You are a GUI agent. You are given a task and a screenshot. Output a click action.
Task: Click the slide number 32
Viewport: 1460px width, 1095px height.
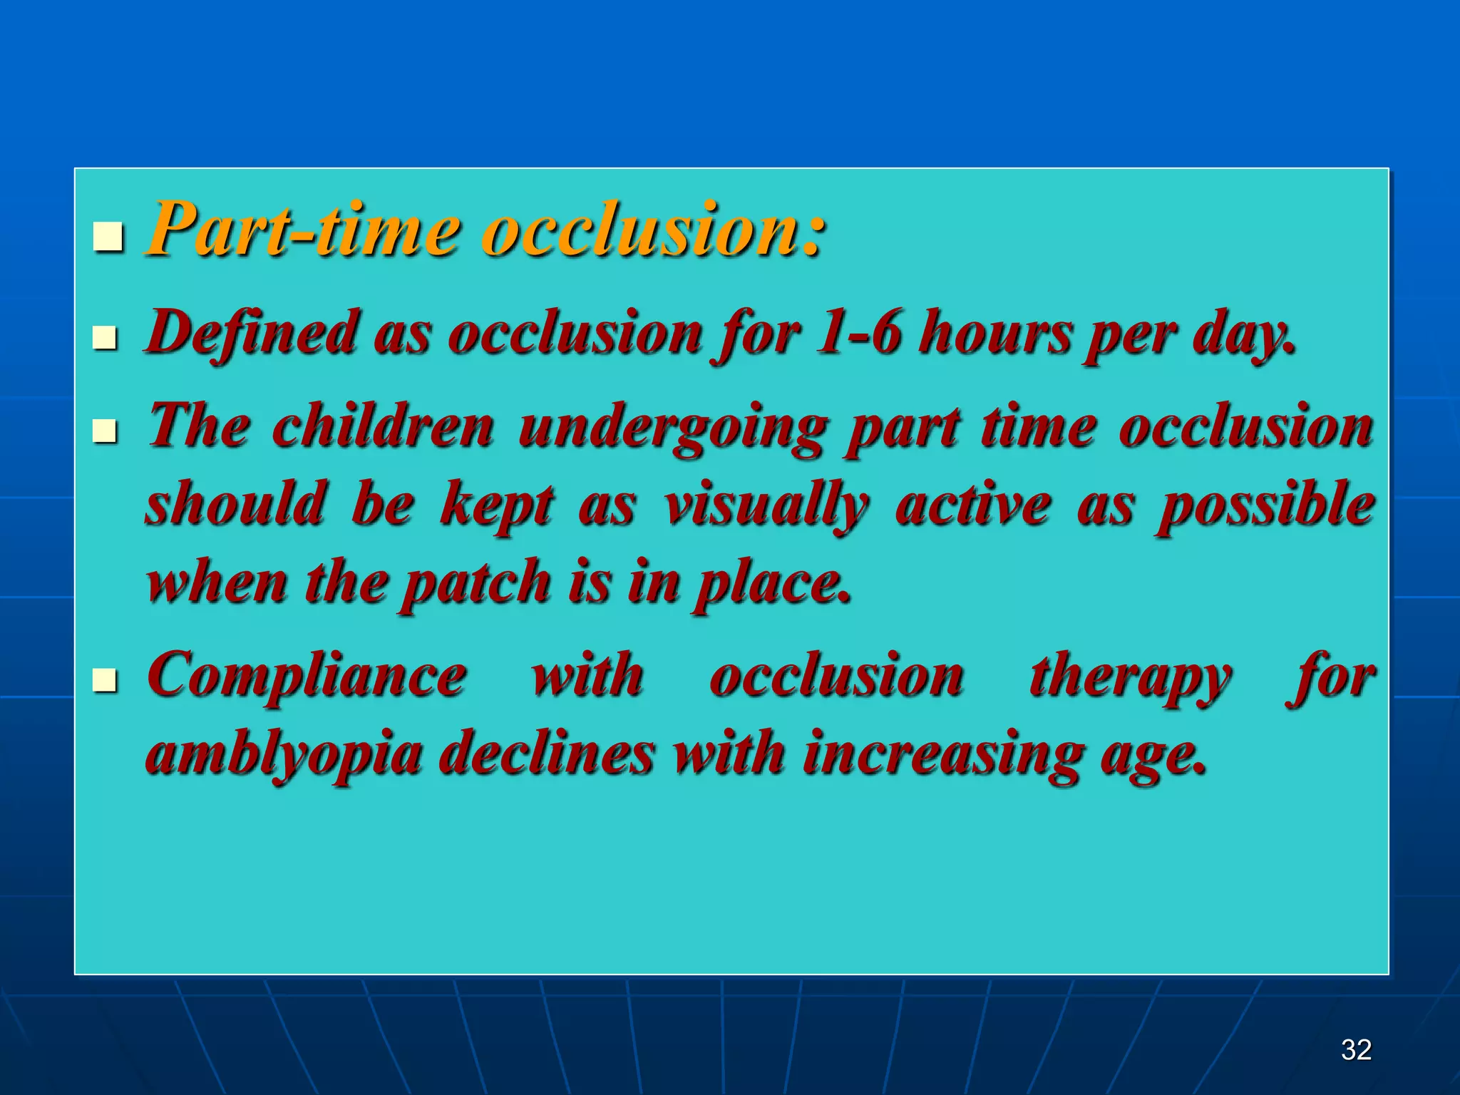coord(1356,1049)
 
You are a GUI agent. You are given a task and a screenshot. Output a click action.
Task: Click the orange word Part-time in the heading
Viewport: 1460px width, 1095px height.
coord(303,230)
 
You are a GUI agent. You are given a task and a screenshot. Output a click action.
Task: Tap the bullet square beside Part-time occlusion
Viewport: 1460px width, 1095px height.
coord(108,237)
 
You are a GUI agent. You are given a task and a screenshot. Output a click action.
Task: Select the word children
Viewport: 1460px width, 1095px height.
coord(383,426)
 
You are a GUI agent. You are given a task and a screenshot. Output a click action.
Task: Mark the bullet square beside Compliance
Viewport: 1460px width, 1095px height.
coord(105,680)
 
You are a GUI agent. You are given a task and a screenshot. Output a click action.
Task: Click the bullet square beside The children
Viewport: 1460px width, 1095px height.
coord(105,431)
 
